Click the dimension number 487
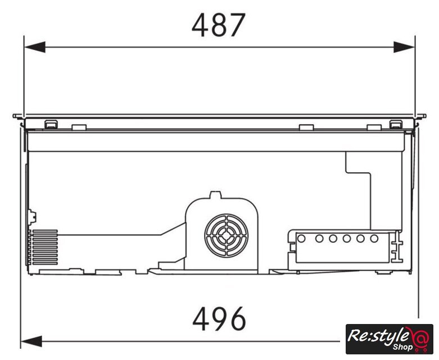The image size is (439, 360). click(x=219, y=25)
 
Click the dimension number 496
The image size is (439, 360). click(x=219, y=319)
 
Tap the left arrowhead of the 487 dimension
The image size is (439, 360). click(x=35, y=47)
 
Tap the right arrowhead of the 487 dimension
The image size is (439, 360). click(x=404, y=47)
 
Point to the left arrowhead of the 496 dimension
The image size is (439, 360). click(x=31, y=341)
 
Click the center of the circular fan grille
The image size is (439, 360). click(x=226, y=235)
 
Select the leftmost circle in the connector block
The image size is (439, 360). click(x=301, y=238)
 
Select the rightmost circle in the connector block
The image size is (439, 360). click(x=374, y=238)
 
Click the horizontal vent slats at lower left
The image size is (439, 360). click(x=45, y=247)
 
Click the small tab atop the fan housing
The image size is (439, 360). click(x=216, y=195)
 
